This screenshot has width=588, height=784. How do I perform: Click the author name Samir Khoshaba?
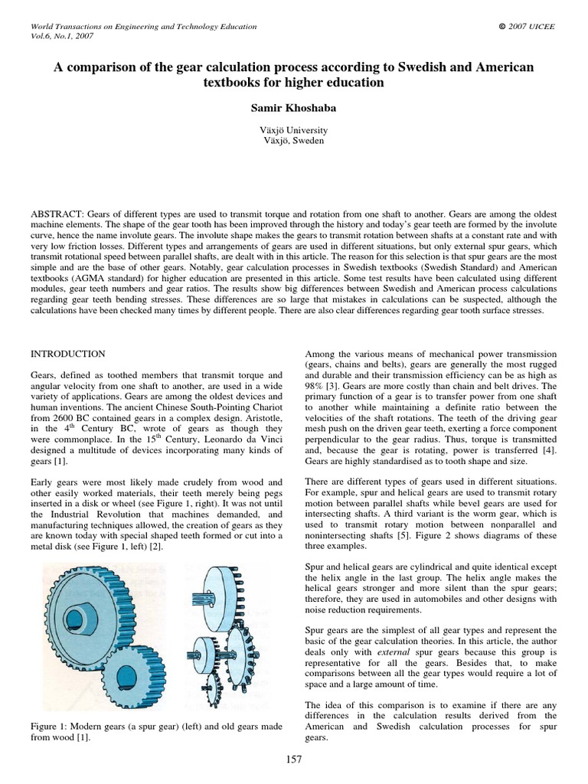click(293, 108)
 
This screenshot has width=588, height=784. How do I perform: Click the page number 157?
click(293, 759)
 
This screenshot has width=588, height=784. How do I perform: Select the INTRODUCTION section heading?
click(67, 354)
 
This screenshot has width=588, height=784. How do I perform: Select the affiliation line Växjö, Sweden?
click(293, 141)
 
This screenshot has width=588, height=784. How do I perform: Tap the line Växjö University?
click(293, 130)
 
